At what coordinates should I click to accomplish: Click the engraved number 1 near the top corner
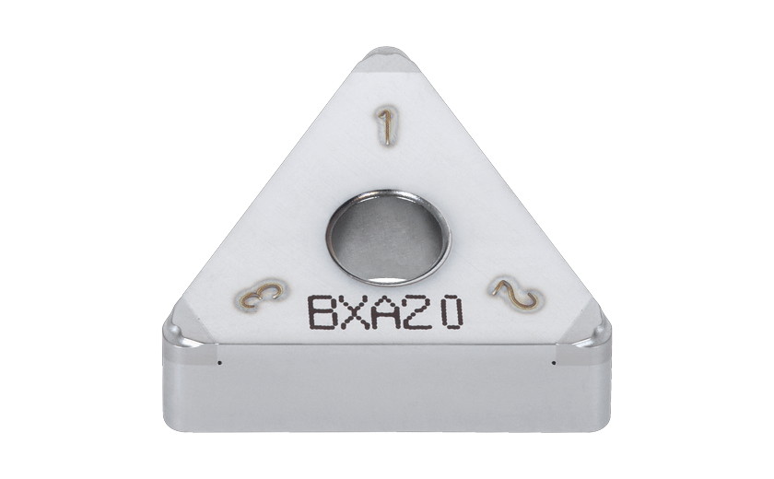tap(389, 126)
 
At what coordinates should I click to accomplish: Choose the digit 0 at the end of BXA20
tap(450, 312)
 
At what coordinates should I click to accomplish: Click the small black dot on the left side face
tap(220, 362)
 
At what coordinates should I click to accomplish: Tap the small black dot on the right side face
tap(553, 362)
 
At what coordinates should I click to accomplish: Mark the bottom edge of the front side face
tap(387, 429)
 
